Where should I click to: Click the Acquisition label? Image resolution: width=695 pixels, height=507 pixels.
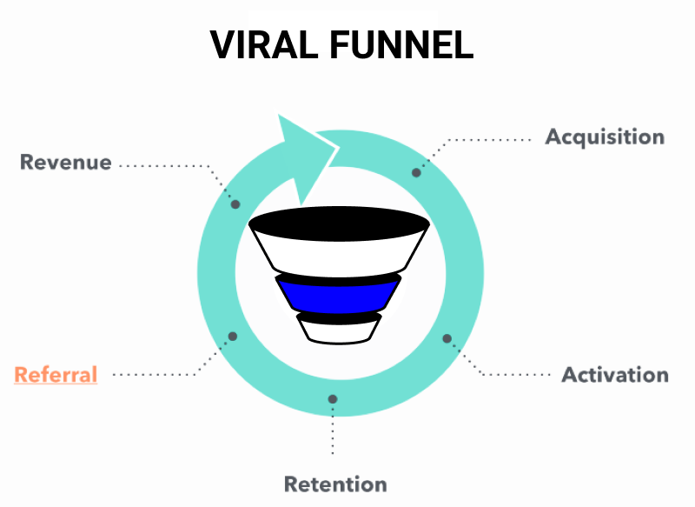coord(605,137)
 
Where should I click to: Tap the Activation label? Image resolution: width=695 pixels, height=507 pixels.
coord(615,375)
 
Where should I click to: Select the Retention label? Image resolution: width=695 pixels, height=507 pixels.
coord(335,484)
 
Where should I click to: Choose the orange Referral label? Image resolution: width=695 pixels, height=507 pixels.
coord(56,375)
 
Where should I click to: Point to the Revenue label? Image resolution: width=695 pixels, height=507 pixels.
coord(66,163)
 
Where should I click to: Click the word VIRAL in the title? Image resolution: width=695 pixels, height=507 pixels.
coord(268,45)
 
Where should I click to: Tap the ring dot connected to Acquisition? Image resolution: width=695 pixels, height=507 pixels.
coord(416,173)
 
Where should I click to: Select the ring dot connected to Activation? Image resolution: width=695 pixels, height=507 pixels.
coord(447,339)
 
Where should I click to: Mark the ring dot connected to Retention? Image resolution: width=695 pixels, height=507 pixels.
coord(333,399)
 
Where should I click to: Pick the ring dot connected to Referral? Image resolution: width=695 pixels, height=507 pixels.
coord(231,337)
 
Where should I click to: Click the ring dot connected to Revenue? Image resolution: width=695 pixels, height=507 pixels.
coord(235,204)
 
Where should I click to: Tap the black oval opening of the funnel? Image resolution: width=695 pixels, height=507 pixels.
coord(339,221)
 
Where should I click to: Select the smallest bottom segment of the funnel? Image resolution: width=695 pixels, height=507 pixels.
coord(338,330)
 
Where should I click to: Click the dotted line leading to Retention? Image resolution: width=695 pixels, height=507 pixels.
coord(333,430)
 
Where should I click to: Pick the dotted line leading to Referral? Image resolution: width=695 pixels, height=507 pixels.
coord(156,375)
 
